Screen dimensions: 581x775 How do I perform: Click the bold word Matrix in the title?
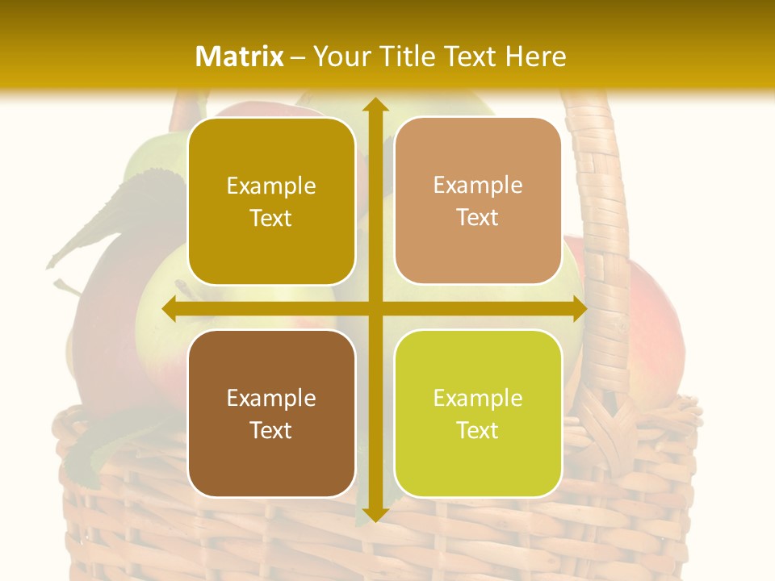[240, 56]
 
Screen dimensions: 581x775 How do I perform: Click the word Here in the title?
[535, 56]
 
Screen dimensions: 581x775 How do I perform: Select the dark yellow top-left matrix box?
[271, 202]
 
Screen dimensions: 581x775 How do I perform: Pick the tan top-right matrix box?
[478, 201]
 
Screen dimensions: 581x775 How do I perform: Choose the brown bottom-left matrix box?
[271, 413]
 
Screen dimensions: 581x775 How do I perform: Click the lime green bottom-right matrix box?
[478, 413]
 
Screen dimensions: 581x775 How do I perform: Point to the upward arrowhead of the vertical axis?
[375, 105]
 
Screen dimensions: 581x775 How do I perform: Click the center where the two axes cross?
[375, 309]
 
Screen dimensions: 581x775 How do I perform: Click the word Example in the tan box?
[478, 185]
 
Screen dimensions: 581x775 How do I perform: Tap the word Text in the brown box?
[271, 430]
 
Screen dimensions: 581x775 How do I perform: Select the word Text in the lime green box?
[478, 430]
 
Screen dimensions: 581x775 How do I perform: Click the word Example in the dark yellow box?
[271, 186]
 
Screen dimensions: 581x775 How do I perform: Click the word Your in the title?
[340, 56]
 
